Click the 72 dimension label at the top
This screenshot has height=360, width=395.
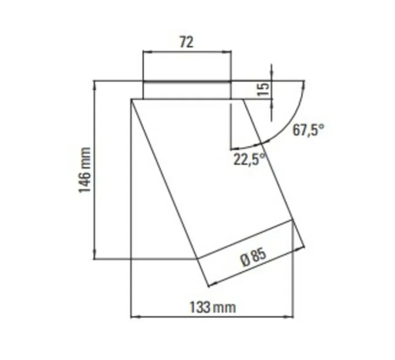click(x=186, y=42)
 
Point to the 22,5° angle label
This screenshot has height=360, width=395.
click(x=249, y=159)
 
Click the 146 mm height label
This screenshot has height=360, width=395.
click(x=85, y=170)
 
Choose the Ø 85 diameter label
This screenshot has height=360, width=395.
click(x=253, y=258)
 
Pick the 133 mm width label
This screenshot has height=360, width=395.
click(x=212, y=306)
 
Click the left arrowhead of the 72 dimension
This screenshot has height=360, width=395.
click(x=146, y=52)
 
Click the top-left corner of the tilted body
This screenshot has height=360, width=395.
click(x=131, y=99)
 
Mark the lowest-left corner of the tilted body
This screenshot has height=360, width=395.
click(x=197, y=259)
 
